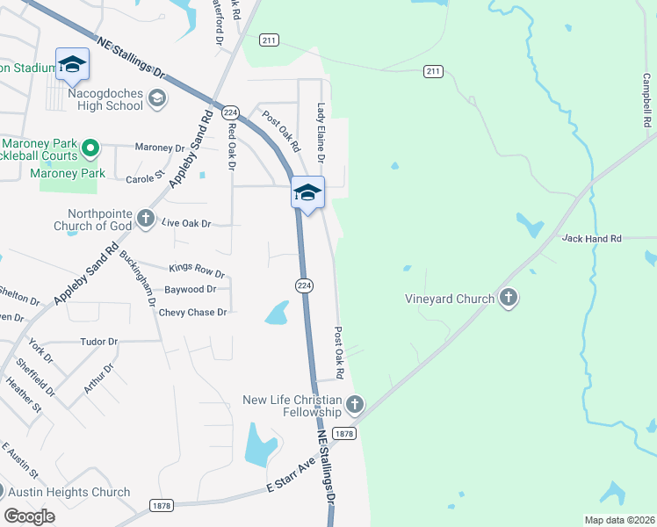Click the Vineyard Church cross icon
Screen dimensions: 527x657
pos(508,299)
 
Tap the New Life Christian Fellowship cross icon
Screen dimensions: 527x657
pos(354,405)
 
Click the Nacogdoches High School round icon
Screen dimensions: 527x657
pos(156,98)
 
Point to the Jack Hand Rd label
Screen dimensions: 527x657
pos(591,238)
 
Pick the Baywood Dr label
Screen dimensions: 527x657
pos(190,289)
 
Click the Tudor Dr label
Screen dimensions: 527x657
pos(98,341)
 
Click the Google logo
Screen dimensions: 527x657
pos(30,516)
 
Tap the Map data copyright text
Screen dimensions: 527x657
pos(618,520)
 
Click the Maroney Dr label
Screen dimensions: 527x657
pos(160,148)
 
